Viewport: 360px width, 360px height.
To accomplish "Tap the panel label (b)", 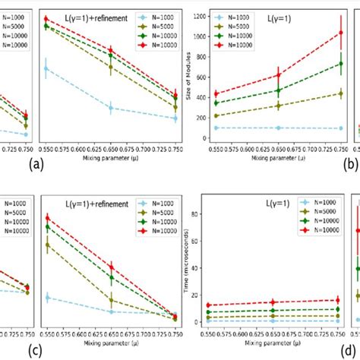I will (350, 163).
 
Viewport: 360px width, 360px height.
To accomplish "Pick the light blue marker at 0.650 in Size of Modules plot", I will (278, 128).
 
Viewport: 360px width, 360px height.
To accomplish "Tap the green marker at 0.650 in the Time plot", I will (278, 310).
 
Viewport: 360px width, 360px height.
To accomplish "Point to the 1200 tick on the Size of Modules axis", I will (201, 15).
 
